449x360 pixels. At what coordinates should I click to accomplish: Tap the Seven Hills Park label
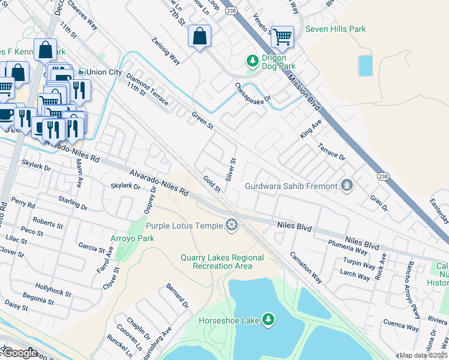click(x=336, y=29)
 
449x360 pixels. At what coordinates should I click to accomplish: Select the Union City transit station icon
click(x=82, y=72)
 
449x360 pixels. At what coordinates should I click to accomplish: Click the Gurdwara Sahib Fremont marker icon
click(x=346, y=186)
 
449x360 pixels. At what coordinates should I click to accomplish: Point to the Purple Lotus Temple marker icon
click(x=231, y=226)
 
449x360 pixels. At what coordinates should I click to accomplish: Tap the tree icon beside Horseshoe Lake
click(x=269, y=320)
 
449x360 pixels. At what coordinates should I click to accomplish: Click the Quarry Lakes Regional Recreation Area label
click(x=222, y=262)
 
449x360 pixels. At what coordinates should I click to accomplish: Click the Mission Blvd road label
click(x=307, y=93)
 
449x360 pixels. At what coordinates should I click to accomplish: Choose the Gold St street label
click(x=212, y=184)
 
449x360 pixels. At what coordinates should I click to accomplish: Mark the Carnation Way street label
click(x=306, y=267)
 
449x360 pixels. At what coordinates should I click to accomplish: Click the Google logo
click(x=20, y=353)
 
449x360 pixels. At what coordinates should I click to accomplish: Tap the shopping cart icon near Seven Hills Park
click(x=282, y=37)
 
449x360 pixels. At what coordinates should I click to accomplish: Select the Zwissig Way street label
click(x=166, y=51)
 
